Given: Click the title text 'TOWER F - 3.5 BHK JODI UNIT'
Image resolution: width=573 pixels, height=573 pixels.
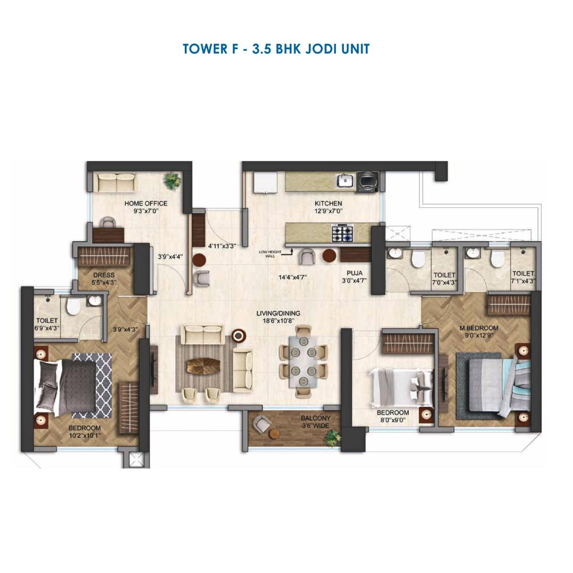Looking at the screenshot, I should [276, 49].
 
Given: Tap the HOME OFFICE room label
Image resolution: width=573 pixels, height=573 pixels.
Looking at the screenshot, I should [146, 203].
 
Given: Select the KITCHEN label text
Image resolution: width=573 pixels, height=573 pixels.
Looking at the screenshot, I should [328, 203].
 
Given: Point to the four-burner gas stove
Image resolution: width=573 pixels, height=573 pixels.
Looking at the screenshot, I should [342, 233].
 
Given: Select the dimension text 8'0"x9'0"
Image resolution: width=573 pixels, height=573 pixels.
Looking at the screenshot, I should [393, 420].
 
